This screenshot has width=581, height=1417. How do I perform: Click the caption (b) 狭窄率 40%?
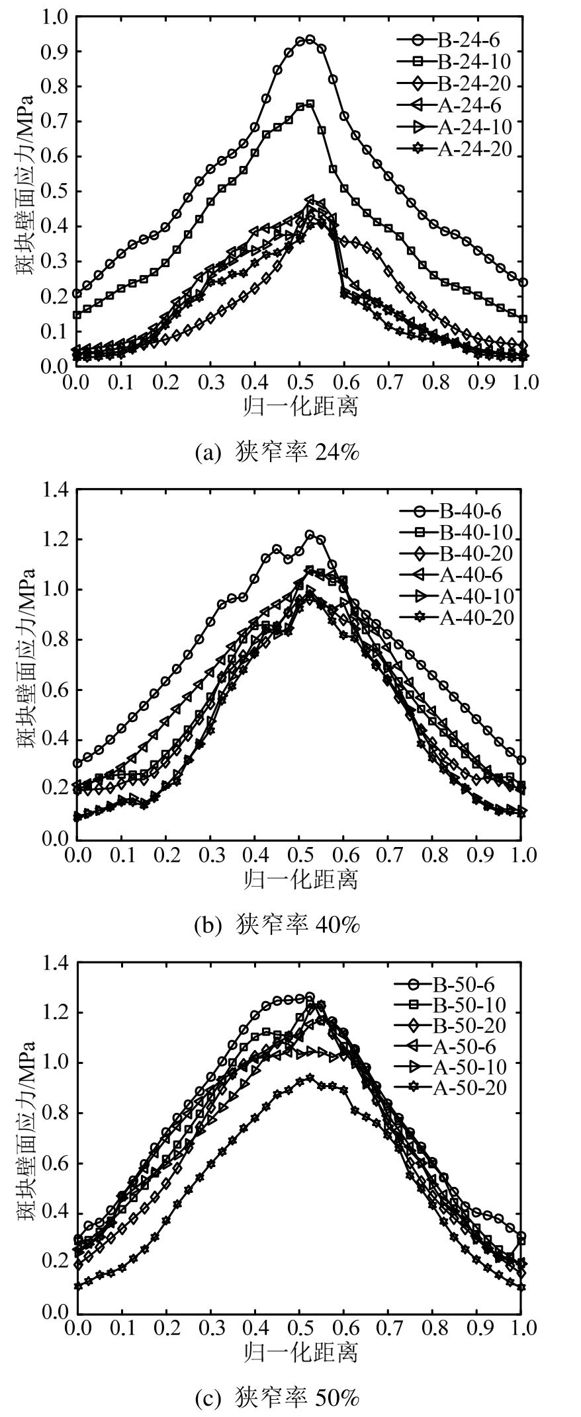point(277,925)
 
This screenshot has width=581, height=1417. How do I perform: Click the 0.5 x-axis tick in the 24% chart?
point(299,383)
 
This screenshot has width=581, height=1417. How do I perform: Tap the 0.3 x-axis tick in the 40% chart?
point(210,855)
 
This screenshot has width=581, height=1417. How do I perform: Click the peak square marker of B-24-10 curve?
point(310,104)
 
